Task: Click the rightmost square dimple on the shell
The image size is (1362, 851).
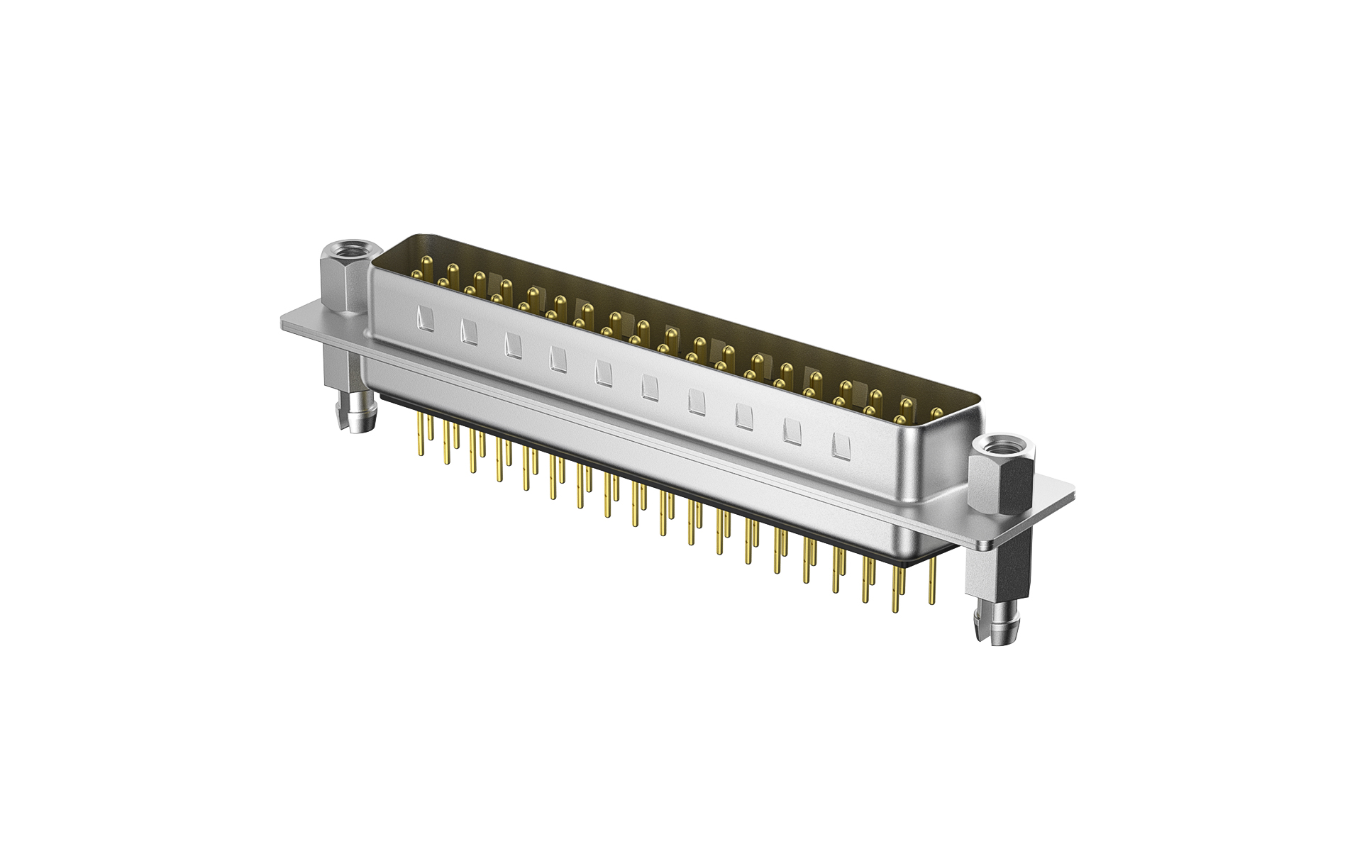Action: click(x=841, y=445)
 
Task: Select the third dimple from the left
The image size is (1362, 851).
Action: click(x=513, y=345)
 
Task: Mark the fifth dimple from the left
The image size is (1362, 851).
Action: click(x=604, y=373)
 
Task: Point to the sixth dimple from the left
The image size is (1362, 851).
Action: click(x=648, y=386)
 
